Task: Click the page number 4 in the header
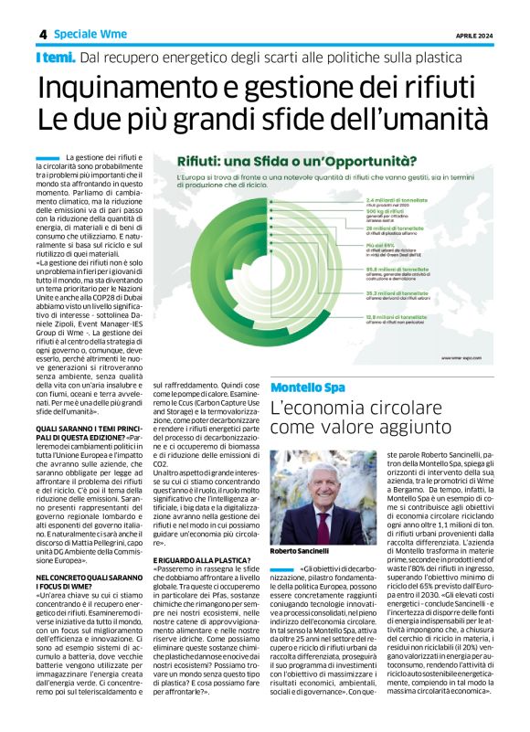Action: click(x=42, y=34)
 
